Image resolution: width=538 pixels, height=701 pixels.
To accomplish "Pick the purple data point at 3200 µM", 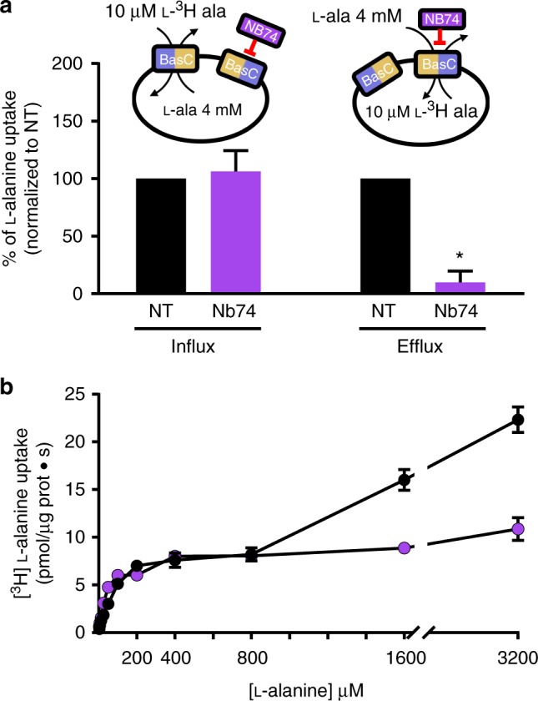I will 518,529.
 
